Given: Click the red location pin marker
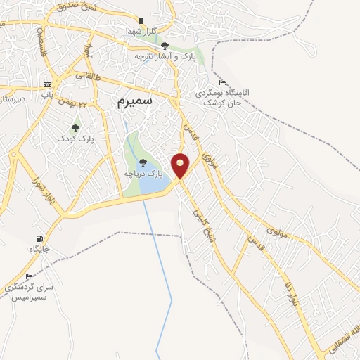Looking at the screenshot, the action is click(x=181, y=165).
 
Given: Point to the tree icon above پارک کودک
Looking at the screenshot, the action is click(x=75, y=128).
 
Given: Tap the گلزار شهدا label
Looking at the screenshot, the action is click(x=141, y=32).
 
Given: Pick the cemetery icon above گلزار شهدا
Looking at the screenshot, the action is click(x=142, y=20).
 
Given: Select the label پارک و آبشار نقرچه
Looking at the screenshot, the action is click(x=165, y=57).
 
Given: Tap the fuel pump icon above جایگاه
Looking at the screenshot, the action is click(x=39, y=238).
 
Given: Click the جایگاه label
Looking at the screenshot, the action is click(x=39, y=249).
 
